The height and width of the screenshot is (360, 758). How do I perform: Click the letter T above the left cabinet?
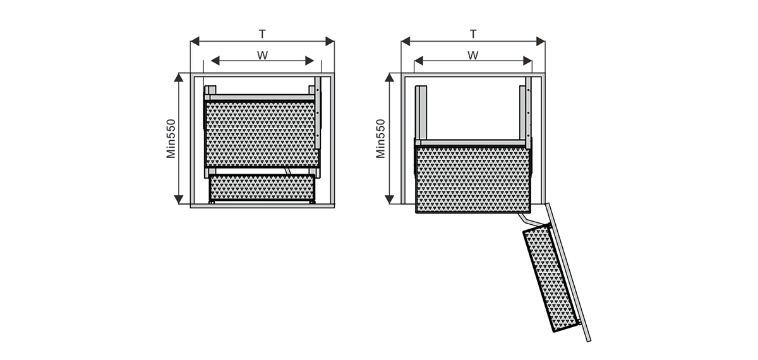click(x=262, y=34)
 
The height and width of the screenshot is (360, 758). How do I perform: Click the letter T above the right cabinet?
click(x=473, y=34)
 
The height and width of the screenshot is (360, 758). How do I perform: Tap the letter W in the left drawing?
click(x=262, y=55)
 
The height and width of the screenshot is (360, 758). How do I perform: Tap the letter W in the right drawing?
click(x=473, y=55)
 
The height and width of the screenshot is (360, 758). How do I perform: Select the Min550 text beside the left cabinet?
click(x=171, y=138)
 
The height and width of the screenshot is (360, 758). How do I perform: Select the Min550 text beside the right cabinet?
click(x=381, y=138)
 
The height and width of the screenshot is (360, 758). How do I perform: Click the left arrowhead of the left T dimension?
click(x=195, y=41)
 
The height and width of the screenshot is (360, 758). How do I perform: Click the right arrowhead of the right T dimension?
click(x=541, y=41)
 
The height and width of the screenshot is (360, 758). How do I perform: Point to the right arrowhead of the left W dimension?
click(x=310, y=61)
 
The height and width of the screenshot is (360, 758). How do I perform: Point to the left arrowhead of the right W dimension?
click(x=419, y=61)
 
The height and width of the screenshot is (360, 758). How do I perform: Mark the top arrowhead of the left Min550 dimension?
click(x=179, y=78)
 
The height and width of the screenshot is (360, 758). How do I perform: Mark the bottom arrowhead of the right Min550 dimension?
click(x=390, y=200)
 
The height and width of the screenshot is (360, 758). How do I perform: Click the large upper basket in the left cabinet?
click(x=262, y=135)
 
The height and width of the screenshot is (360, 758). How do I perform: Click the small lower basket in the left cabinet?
click(x=262, y=187)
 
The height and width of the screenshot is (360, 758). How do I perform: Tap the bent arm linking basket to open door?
click(x=532, y=220)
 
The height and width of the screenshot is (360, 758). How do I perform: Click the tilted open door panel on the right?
click(x=568, y=272)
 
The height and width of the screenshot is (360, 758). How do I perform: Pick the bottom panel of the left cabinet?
click(x=262, y=206)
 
